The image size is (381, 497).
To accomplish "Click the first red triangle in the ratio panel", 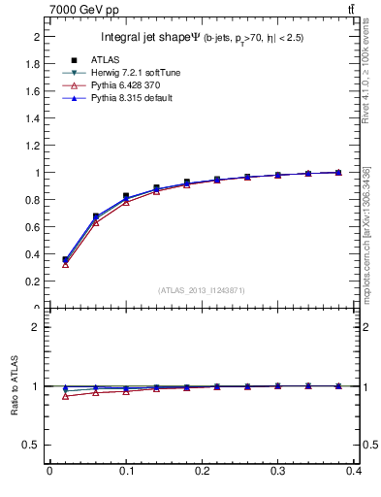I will (x=65, y=396).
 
